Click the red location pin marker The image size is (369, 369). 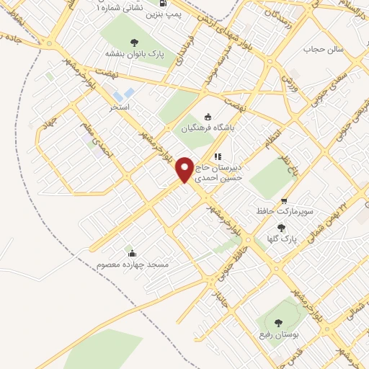click(185, 169)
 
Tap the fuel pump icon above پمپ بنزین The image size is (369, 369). click(172, 4)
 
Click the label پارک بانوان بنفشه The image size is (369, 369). click(134, 53)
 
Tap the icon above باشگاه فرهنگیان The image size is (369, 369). click(209, 115)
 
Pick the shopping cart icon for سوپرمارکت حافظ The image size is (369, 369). click(284, 201)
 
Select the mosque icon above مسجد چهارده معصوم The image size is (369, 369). click(130, 253)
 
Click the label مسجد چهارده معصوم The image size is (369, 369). click(133, 264)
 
